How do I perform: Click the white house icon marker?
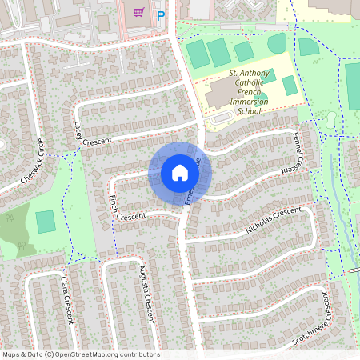pos(180,172)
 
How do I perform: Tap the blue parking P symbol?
pos(161,14)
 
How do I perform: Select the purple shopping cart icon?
pos(138,12)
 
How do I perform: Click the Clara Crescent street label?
pos(67,300)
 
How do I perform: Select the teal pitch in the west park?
pos(46,221)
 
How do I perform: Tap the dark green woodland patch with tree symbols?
pos(14,232)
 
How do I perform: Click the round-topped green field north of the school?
pos(277,43)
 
